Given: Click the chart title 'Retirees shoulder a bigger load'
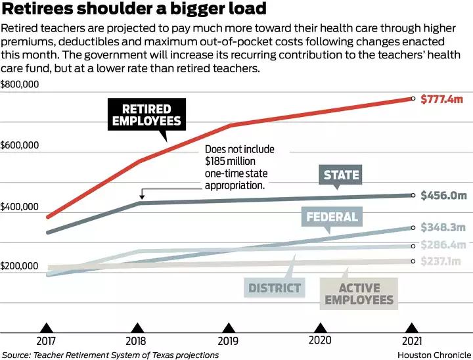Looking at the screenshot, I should click(134, 9).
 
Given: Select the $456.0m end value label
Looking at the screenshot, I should click(443, 195).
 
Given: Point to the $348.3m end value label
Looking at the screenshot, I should click(443, 227).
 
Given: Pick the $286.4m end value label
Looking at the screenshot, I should click(443, 246).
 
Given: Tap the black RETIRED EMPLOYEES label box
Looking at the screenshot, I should click(146, 115).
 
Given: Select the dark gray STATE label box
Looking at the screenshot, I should click(342, 175).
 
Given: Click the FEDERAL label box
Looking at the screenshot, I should click(332, 217).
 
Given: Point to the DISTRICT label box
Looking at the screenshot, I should click(275, 288).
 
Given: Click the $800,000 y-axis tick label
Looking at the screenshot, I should click(20, 85).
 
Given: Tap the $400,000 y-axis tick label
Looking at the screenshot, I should click(20, 207).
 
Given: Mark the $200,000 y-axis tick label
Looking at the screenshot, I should click(20, 266).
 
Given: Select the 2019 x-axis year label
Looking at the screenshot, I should click(229, 341).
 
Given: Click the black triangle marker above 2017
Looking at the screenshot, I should click(46, 328).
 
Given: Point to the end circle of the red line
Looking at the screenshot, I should click(413, 99).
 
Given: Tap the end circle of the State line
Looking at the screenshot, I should click(413, 195).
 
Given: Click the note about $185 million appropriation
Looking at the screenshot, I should click(239, 168).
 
